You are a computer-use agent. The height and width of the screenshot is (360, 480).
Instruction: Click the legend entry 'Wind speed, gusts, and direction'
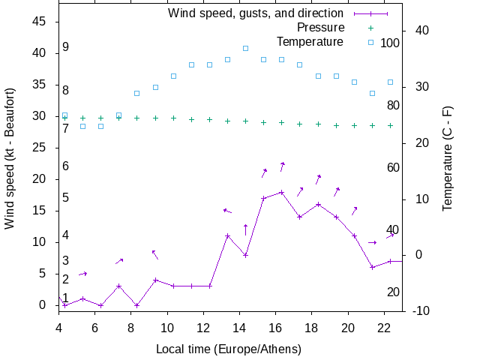[255, 13]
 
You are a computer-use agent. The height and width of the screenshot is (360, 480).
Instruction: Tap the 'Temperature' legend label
[310, 41]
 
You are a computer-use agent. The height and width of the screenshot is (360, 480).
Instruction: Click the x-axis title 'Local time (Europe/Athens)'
[229, 349]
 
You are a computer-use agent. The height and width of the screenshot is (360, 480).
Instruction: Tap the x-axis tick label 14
[239, 327]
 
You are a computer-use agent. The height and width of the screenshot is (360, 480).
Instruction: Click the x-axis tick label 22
[384, 327]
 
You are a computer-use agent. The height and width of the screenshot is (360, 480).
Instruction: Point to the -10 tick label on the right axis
[422, 310]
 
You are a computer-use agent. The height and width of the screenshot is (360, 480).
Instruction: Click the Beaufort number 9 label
[66, 47]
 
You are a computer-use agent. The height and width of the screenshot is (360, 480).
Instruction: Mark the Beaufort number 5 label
[66, 198]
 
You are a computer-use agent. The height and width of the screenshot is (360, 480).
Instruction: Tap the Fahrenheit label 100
[390, 43]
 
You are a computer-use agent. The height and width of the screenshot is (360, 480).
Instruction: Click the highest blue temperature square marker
[245, 48]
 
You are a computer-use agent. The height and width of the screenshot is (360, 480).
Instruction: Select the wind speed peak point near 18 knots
[282, 192]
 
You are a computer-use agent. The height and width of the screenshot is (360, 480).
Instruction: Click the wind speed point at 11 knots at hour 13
[227, 236]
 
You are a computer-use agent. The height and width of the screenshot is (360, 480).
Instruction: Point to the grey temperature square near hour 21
[372, 93]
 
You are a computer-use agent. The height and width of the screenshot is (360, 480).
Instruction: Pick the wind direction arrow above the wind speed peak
[282, 166]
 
